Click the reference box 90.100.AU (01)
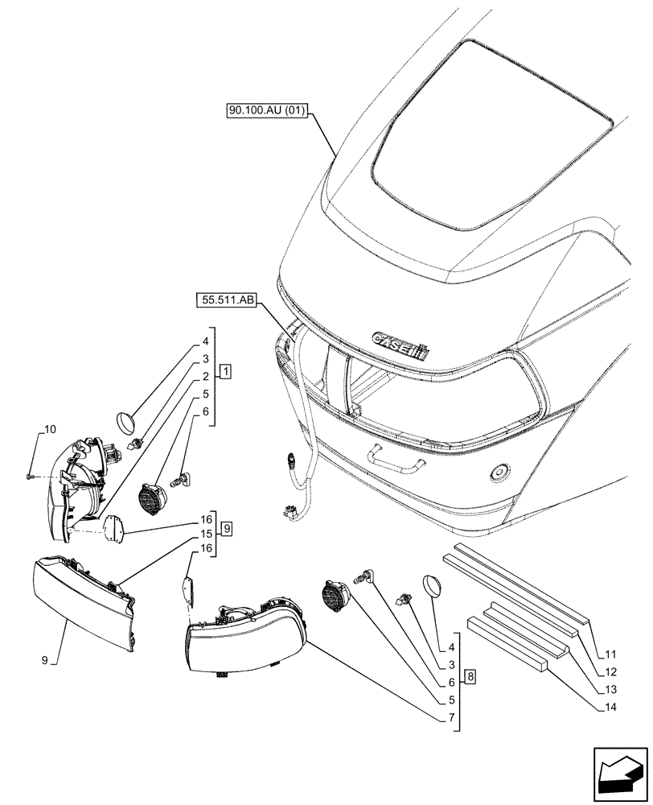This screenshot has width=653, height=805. click(266, 112)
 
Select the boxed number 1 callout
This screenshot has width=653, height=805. click(226, 372)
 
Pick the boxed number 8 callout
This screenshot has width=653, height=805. click(470, 676)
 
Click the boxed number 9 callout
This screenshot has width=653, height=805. click(228, 529)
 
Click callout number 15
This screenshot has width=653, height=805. click(207, 534)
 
